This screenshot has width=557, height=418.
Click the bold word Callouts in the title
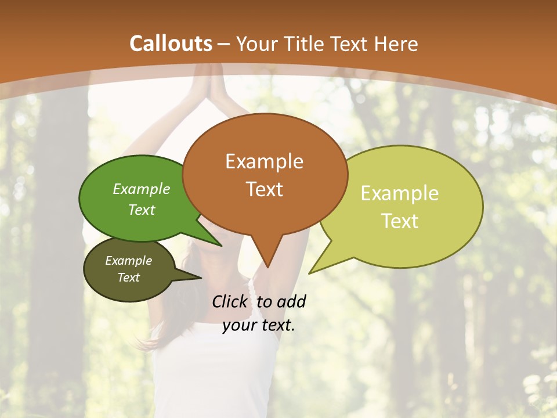(171, 44)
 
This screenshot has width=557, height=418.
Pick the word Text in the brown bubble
(264, 189)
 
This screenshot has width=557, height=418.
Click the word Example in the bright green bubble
(141, 189)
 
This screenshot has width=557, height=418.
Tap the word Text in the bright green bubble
(141, 210)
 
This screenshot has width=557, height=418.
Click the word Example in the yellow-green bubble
(400, 193)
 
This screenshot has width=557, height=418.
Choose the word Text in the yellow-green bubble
(400, 221)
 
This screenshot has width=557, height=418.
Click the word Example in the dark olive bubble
(128, 261)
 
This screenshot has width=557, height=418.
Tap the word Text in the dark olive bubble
(128, 278)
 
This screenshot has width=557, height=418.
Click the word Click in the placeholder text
(230, 302)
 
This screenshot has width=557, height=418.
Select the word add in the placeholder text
(291, 302)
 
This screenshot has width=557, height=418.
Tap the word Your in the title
(258, 44)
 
